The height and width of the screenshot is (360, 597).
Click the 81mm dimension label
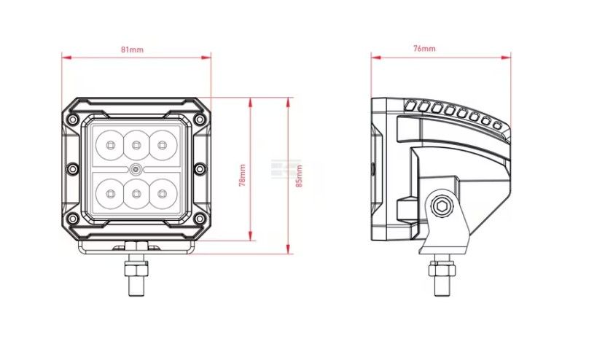132,50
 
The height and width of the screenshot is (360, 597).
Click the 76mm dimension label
424,49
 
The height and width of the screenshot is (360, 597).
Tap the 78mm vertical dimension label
242,176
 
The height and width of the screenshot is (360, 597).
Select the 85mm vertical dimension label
300,176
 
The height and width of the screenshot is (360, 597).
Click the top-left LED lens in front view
110,145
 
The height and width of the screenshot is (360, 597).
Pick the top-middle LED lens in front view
136,145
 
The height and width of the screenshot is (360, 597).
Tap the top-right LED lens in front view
163,145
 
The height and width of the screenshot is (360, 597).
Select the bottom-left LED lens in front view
110,194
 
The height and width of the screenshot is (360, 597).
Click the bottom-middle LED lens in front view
136,194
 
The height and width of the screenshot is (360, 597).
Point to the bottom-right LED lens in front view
163,194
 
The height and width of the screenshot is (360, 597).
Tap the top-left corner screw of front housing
73,120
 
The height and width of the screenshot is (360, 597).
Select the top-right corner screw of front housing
200,120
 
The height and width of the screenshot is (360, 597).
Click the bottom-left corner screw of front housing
73,219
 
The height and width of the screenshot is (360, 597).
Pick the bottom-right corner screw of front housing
200,219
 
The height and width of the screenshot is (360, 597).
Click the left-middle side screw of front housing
72,168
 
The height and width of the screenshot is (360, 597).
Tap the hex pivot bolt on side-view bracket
442,206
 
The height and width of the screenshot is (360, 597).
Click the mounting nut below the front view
136,269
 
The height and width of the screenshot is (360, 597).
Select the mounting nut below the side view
442,270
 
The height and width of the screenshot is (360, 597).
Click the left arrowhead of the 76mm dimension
376,58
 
